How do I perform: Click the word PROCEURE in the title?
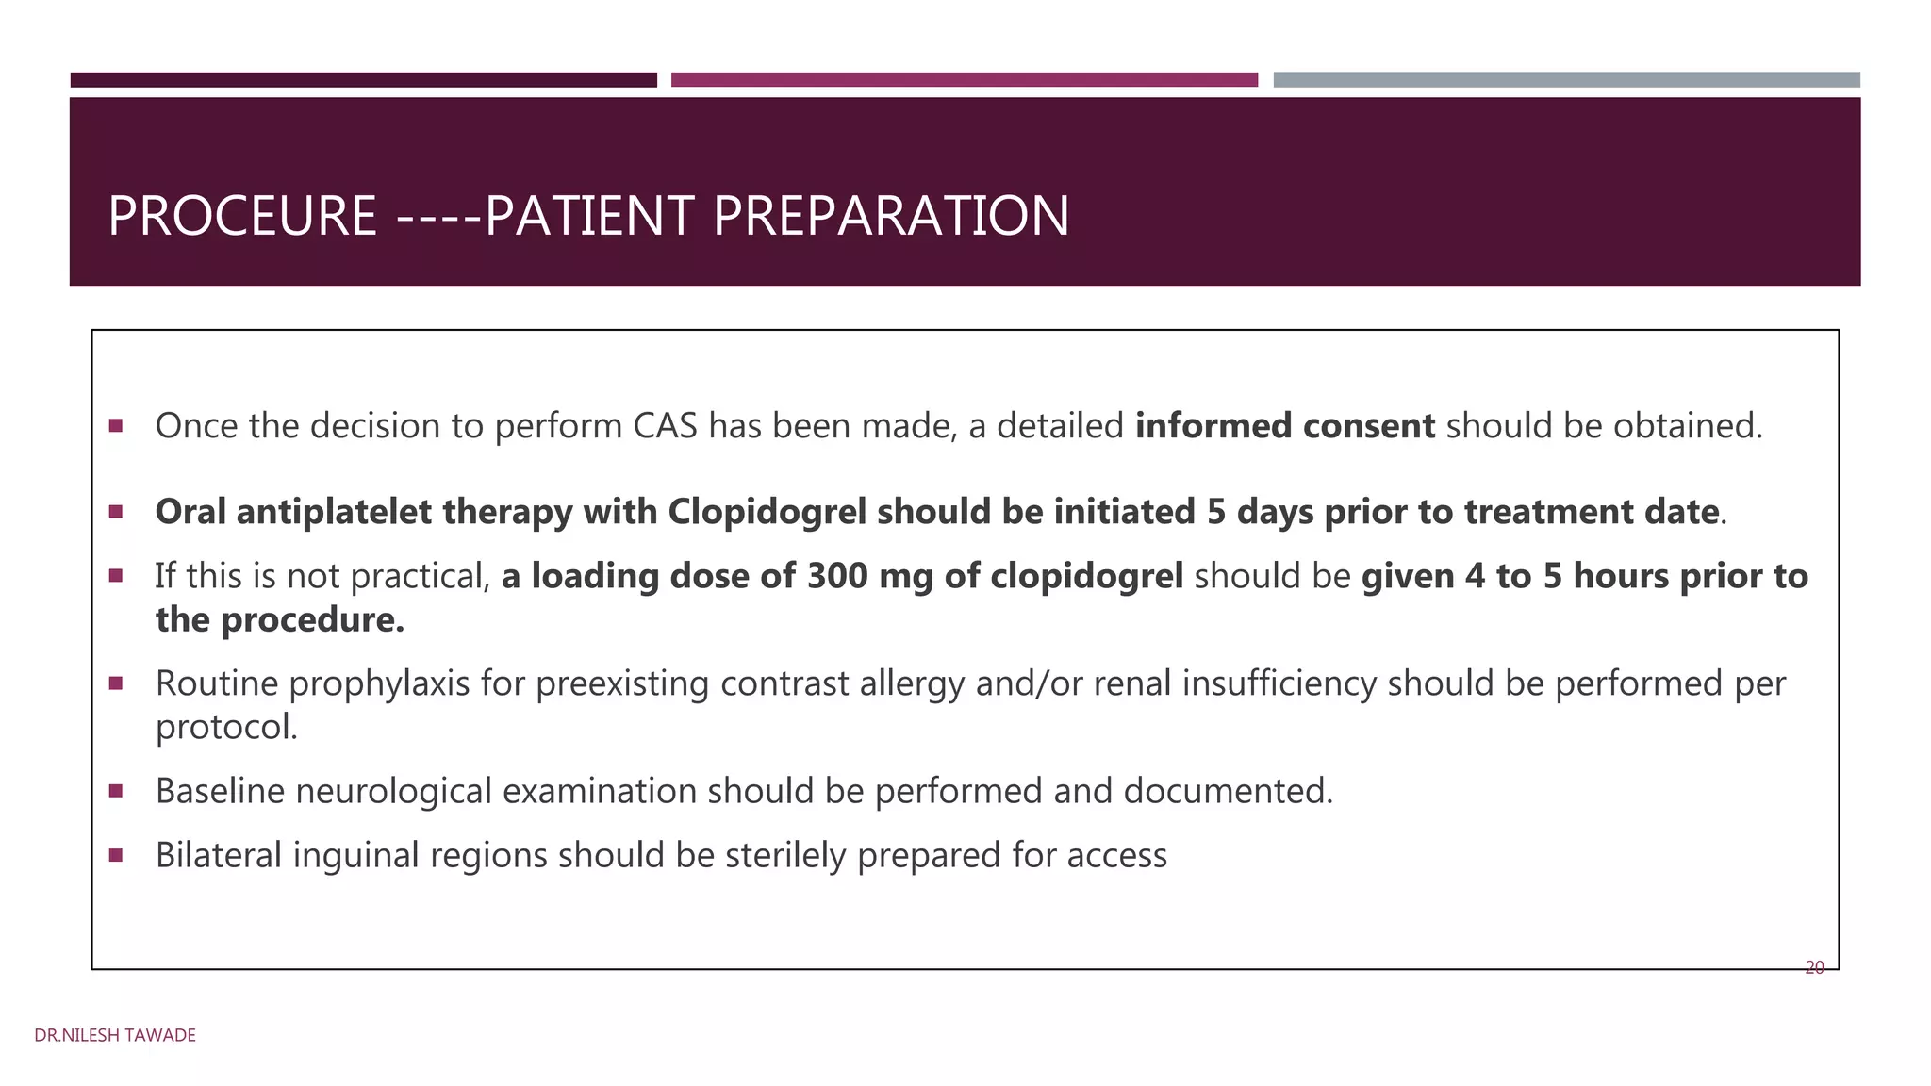(x=242, y=216)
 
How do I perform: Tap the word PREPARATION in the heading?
(x=891, y=216)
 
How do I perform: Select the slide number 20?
(x=1814, y=967)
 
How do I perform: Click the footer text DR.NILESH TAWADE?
(x=115, y=1035)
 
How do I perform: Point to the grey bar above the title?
(x=1566, y=80)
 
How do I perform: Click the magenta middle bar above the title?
(x=964, y=80)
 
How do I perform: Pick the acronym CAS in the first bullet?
(x=665, y=426)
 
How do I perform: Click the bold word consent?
(x=1369, y=426)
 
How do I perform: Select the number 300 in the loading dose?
(x=836, y=576)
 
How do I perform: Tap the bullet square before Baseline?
(x=116, y=790)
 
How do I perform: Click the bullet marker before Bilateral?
(x=116, y=855)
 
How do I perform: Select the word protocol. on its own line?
(x=226, y=727)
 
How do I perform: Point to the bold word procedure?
(x=312, y=619)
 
